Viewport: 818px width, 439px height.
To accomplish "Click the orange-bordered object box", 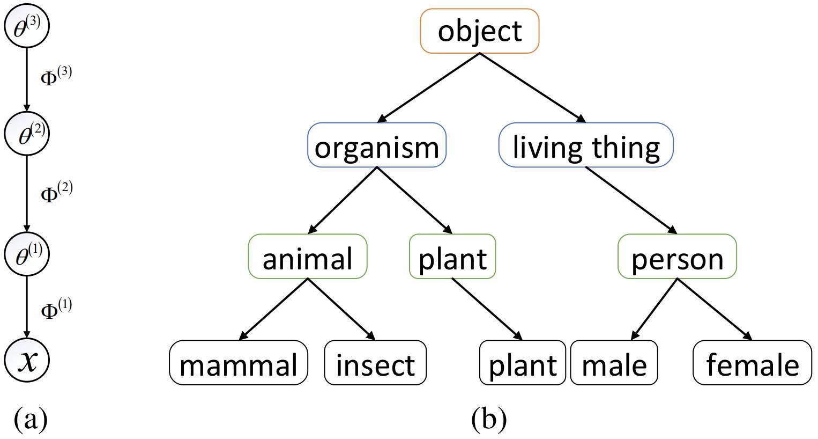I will click(480, 31).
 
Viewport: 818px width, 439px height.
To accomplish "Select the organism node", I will click(377, 147).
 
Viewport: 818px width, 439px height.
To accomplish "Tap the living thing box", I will click(586, 147).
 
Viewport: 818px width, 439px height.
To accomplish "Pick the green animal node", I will click(308, 258).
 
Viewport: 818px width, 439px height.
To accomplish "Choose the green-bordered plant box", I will click(452, 258).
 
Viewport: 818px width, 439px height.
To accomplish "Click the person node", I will click(677, 258).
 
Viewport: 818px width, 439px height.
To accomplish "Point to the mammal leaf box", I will click(239, 364).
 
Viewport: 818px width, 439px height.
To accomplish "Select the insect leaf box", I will click(375, 364).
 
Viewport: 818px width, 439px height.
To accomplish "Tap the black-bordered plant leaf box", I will click(523, 364).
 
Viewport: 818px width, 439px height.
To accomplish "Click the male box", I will click(614, 364).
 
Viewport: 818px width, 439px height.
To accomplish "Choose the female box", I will click(752, 364).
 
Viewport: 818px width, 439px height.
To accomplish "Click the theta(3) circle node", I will click(27, 28).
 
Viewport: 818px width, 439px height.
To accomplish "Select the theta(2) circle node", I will click(27, 135).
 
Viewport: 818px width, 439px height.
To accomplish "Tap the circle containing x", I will click(27, 360).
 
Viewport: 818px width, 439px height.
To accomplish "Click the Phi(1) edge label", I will click(56, 309).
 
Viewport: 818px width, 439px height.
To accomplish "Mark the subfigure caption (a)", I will click(31, 419).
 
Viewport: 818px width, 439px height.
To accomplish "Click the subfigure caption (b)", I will click(489, 419).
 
